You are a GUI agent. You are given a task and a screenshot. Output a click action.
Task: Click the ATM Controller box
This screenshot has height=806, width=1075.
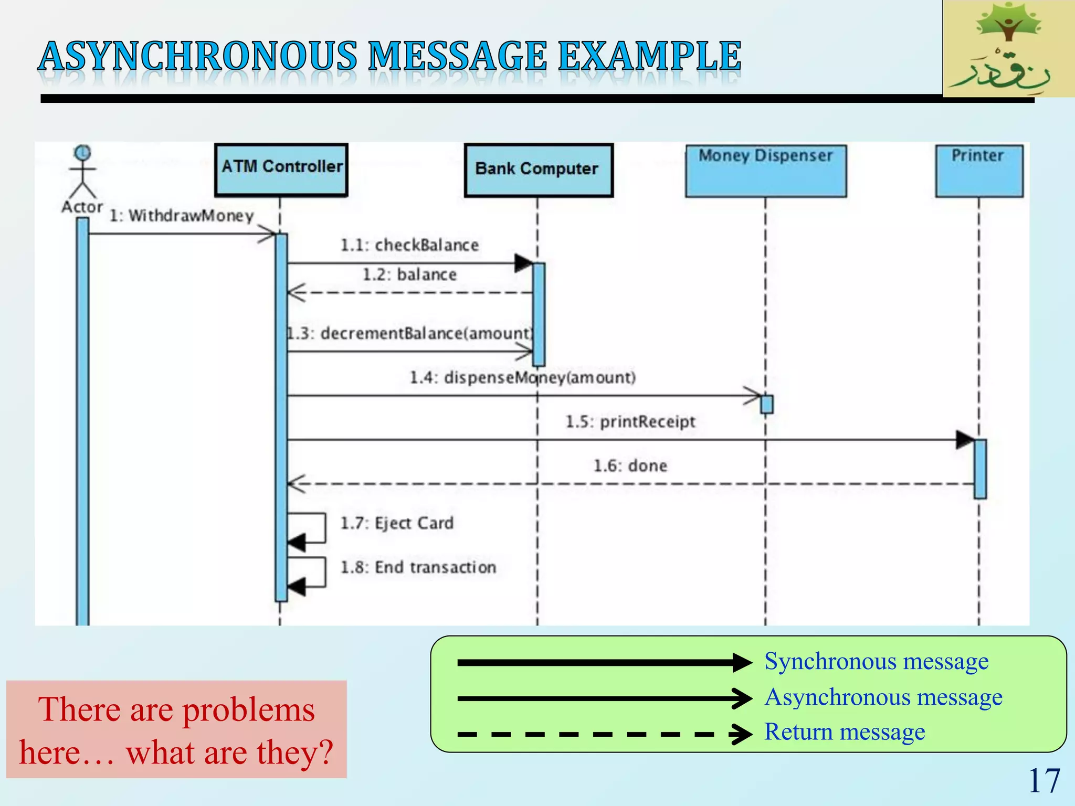point(281,170)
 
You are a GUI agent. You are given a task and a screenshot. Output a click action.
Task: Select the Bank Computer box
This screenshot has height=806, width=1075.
point(539,170)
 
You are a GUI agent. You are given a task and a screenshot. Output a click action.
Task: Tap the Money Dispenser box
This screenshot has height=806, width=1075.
point(766,171)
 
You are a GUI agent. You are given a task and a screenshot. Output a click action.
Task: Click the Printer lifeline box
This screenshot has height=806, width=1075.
point(979,171)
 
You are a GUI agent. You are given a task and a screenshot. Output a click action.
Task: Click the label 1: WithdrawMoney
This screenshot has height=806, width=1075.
point(181,216)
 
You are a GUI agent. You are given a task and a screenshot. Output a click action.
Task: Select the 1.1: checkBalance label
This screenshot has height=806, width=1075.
point(409,245)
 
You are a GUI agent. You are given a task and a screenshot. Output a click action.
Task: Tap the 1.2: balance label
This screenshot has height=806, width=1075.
point(409,274)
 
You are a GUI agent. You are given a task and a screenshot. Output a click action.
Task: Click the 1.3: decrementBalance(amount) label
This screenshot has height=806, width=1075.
point(409,333)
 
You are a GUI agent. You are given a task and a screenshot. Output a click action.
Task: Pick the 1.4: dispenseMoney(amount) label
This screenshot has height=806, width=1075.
point(522,377)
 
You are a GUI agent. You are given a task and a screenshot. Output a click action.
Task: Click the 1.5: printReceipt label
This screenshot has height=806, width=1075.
point(630,421)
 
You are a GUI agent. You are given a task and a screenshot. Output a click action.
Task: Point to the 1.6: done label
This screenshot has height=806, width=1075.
point(630,465)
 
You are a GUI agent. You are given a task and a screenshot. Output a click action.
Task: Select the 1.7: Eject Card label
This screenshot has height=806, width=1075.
point(397,523)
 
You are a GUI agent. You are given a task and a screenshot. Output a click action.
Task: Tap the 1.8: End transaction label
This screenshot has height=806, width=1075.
point(418,567)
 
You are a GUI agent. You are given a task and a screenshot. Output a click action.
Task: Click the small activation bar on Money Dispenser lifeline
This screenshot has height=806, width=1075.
point(766,405)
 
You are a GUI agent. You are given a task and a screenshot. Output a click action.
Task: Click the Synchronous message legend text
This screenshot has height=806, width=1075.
point(876,661)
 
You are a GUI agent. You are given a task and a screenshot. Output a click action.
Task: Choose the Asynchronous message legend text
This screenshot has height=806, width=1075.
point(883,697)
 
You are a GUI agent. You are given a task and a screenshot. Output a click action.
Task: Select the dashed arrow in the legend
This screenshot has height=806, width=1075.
point(604,734)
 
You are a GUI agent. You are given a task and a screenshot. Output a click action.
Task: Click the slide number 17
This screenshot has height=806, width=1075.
point(1044,781)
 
